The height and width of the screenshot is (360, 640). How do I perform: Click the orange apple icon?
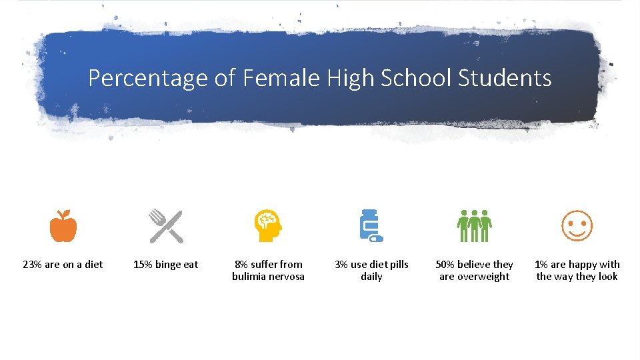(x=63, y=226)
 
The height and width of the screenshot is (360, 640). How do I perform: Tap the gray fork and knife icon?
(x=165, y=226)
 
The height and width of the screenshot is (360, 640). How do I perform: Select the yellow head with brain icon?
(x=268, y=226)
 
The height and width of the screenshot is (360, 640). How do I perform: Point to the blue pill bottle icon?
(x=371, y=226)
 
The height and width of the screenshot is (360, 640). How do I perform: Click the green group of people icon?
(x=474, y=226)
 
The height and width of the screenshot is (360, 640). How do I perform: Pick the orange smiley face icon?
(x=577, y=226)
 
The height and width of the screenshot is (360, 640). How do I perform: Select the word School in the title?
(x=415, y=78)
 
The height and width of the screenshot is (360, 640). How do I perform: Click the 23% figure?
(x=32, y=265)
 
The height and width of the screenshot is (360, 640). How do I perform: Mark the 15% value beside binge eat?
(x=143, y=265)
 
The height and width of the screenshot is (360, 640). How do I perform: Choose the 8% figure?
(x=241, y=265)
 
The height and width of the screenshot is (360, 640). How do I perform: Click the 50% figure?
(x=445, y=265)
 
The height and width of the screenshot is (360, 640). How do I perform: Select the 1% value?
(x=541, y=265)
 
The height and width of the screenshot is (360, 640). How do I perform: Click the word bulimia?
(x=249, y=277)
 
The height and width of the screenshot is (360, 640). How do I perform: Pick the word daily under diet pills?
(x=371, y=277)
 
